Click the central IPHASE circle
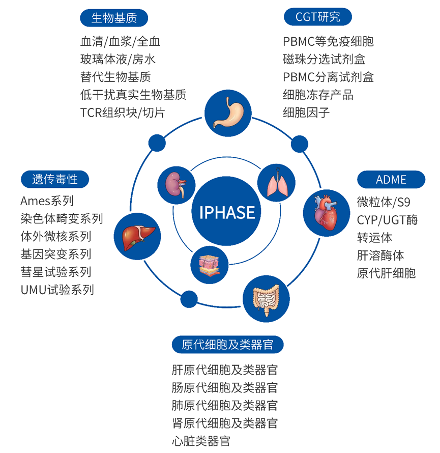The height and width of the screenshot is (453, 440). pos(226,211)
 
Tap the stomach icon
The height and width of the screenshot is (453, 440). pos(228,113)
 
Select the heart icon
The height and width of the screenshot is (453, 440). pos(327,213)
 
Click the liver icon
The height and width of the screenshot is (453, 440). pos(137,236)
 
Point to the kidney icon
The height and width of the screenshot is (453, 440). pos(177,185)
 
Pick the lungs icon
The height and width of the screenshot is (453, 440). pos(276,183)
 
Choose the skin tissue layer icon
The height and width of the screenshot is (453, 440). pos(209,265)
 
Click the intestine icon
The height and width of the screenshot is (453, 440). pos(266,299)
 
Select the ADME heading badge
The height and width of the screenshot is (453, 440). pos(391,179)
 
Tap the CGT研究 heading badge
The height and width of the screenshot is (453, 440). pos(318,17)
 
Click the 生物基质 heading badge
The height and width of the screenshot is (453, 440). pos(114,18)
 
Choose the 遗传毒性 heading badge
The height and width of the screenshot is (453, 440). pos(55,179)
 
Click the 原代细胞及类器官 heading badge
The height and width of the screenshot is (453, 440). pos(227,345)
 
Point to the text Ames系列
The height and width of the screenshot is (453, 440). pos(47,201)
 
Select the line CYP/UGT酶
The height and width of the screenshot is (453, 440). pos(387,220)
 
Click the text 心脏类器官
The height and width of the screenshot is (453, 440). pos(201,441)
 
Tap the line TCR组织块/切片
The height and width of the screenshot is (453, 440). pos(123,112)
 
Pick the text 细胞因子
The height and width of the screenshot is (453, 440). pos(306,112)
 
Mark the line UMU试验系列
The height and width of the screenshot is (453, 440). pos(57,290)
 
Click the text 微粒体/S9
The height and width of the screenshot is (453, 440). pos(384,202)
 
